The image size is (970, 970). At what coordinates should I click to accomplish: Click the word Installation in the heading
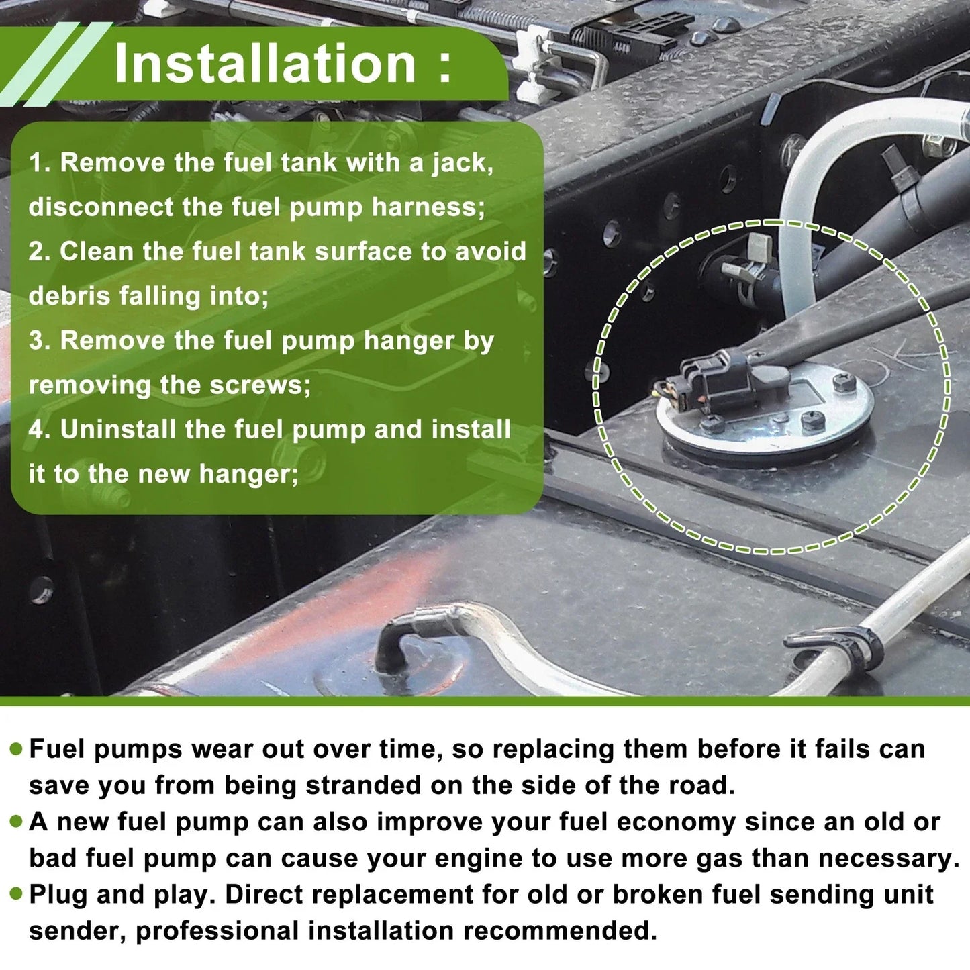pos(265,63)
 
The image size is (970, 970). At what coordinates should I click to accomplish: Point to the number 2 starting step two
pos(37,251)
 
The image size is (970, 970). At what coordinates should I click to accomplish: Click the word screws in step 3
pos(260,385)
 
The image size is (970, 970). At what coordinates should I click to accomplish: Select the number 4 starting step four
pos(37,430)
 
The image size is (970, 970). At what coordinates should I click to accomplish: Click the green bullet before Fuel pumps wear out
pos(17,749)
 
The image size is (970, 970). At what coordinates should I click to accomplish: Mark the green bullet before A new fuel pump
pos(17,822)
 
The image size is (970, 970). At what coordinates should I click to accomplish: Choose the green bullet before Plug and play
pos(17,895)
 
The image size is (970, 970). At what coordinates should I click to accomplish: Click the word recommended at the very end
pos(560,931)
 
